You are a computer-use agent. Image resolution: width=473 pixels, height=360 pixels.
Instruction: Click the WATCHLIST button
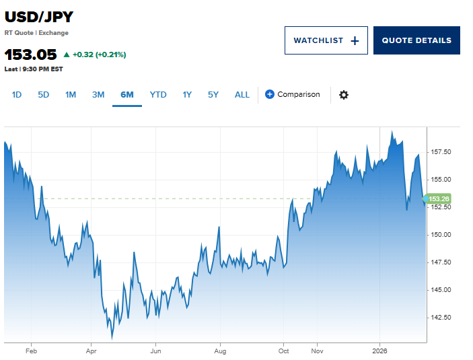click(x=326, y=40)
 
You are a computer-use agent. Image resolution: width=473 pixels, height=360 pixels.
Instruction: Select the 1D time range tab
click(x=17, y=95)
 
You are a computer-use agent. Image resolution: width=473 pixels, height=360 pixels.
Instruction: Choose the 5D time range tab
click(x=44, y=95)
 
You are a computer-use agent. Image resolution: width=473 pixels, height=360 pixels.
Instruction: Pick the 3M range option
click(x=98, y=95)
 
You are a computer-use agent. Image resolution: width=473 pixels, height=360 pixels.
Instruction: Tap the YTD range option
click(x=158, y=95)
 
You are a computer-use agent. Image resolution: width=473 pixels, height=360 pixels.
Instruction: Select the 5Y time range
click(x=213, y=95)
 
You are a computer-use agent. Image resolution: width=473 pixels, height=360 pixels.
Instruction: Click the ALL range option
click(x=242, y=95)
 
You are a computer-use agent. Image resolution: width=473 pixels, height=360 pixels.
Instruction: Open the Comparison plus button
click(x=270, y=94)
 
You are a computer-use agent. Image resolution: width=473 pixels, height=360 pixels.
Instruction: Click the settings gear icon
click(x=344, y=95)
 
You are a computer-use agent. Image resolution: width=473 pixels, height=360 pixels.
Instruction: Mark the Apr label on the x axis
click(x=92, y=351)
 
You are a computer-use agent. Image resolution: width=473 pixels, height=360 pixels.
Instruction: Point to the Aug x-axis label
click(x=220, y=351)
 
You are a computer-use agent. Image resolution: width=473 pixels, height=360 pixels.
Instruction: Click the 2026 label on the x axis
click(x=379, y=351)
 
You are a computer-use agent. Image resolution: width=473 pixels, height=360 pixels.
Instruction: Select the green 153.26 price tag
click(x=438, y=199)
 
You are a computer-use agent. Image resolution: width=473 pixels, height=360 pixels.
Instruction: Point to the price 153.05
click(x=31, y=55)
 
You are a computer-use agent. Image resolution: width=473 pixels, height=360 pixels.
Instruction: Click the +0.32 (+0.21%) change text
click(x=99, y=55)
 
